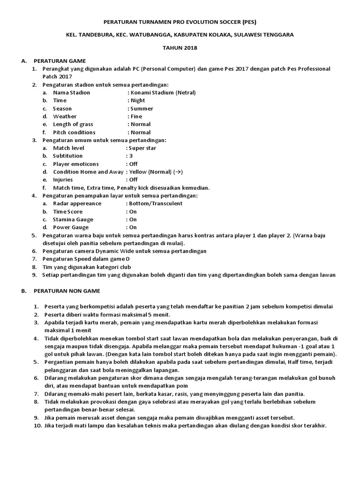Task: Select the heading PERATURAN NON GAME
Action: click(67, 291)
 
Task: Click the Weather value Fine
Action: click(136, 116)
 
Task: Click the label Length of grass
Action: click(73, 124)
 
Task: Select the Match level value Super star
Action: click(142, 148)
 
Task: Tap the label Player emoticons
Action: click(76, 164)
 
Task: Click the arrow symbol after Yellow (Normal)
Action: click(178, 172)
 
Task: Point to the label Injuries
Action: click(63, 180)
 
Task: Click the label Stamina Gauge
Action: click(73, 219)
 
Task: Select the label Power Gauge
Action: click(70, 227)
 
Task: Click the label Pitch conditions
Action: click(75, 132)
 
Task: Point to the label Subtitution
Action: click(68, 156)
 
